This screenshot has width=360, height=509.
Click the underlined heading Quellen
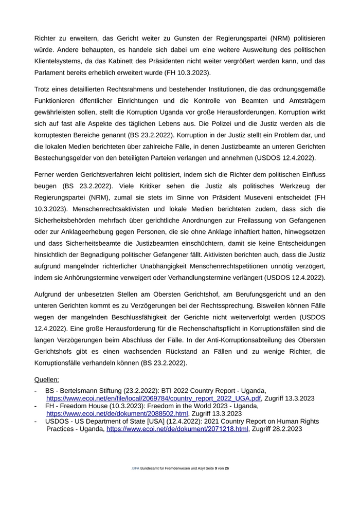[x=46, y=379]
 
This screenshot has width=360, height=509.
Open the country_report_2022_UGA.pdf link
[x=154, y=398]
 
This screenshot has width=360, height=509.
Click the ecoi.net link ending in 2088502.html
[x=117, y=413]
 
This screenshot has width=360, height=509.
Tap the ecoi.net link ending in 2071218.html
[x=177, y=429]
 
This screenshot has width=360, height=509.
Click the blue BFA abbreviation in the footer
[x=136, y=468]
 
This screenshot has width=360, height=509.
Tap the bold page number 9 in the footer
[x=216, y=468]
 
